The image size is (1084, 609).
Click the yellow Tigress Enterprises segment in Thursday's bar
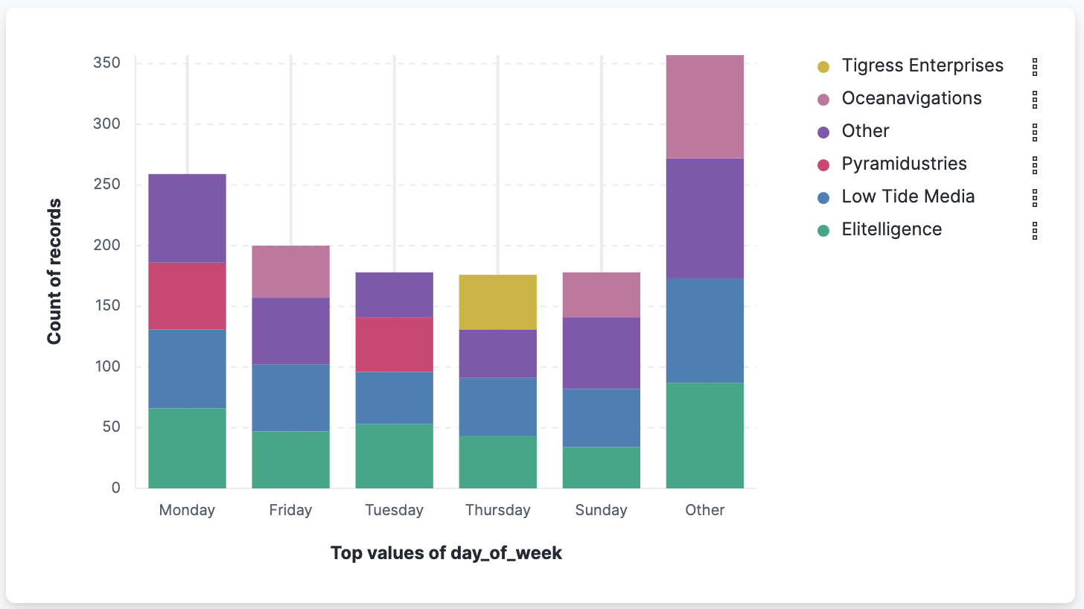coord(497,302)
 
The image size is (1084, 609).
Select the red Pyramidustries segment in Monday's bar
coord(187,296)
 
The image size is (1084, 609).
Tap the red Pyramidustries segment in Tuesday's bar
coord(394,344)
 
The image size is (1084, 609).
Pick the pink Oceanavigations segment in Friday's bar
coord(290,272)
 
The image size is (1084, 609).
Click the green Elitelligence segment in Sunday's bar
coord(601,468)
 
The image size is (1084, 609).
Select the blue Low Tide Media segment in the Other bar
coord(704,330)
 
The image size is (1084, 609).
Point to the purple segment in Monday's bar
coord(187,218)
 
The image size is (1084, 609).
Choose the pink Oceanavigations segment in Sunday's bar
coord(601,295)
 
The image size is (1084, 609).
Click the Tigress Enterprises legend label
coord(922,66)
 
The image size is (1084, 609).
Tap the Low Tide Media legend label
coord(908,197)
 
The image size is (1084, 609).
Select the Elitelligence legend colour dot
coord(823,231)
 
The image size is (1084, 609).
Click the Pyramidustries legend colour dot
coord(823,165)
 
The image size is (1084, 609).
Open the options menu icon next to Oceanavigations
coord(1034,100)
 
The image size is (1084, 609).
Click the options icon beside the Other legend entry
coord(1034,133)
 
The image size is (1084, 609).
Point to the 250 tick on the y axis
coord(106,185)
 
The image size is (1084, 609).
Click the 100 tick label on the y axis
coord(106,367)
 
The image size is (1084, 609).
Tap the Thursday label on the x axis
coord(497,510)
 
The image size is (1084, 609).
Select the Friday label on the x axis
coord(290,510)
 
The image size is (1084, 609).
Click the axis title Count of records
coord(54,272)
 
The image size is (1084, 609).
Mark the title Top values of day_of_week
coord(445,553)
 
